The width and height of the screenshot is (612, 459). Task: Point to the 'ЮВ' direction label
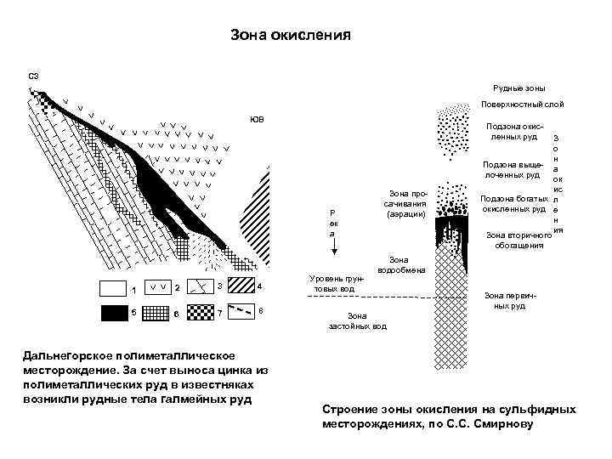pyautogui.click(x=257, y=119)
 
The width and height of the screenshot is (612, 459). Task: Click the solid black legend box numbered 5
pyautogui.click(x=113, y=312)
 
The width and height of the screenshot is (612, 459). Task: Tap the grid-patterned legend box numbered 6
pyautogui.click(x=156, y=313)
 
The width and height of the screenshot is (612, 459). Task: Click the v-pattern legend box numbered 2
pyautogui.click(x=156, y=286)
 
